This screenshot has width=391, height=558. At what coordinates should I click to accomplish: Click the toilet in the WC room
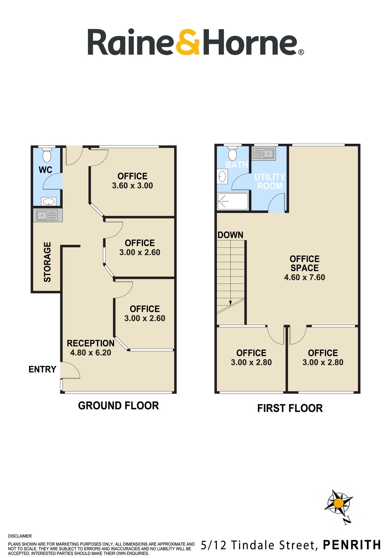47,155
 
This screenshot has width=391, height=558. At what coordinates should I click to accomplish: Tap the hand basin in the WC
49,201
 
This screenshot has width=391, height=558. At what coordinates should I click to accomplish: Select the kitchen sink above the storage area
48,215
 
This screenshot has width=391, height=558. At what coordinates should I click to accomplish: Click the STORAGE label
47,262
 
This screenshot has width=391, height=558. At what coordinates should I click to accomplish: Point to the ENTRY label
42,369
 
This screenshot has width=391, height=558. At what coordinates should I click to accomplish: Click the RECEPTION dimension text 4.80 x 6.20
91,353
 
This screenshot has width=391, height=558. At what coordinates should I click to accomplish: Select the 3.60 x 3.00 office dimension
132,185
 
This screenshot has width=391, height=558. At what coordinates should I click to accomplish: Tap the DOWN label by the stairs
230,235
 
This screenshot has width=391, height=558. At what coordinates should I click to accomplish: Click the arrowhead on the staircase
230,303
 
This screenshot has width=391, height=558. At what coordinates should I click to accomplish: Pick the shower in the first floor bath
233,201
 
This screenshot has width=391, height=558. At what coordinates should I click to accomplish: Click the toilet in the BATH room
232,154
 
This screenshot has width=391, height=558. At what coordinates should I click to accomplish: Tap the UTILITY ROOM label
270,181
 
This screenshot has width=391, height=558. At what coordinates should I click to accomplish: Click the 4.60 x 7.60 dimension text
304,277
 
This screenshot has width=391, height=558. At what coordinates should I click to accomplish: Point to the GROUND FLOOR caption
119,406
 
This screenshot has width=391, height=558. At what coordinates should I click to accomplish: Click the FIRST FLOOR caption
290,408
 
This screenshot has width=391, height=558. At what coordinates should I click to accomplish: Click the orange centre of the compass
339,503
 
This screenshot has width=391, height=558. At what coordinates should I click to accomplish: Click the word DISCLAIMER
20,536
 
